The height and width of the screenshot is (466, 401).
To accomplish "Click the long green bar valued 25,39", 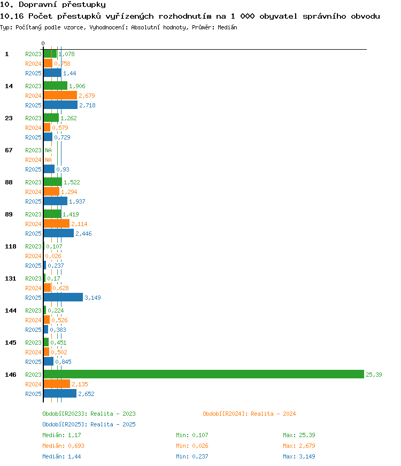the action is pyautogui.click(x=204, y=374).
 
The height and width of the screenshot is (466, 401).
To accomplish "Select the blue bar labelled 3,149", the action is pyautogui.click(x=63, y=297).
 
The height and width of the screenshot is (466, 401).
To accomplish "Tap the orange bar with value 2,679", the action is pyautogui.click(x=60, y=95).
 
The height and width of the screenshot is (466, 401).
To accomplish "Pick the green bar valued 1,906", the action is pyautogui.click(x=56, y=86).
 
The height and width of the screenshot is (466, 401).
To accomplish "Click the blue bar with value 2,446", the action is pyautogui.click(x=59, y=233).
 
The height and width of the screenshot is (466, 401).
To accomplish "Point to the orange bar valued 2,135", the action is pyautogui.click(x=57, y=384).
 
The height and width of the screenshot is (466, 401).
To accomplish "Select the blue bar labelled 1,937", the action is pyautogui.click(x=56, y=201).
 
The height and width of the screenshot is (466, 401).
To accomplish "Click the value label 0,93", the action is pyautogui.click(x=63, y=169).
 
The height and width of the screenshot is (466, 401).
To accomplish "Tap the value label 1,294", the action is pyautogui.click(x=69, y=192).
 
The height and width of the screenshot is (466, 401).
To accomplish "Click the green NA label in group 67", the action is pyautogui.click(x=48, y=150).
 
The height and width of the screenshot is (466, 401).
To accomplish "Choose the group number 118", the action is pyautogui.click(x=11, y=246).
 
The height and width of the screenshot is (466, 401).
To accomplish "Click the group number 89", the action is pyautogui.click(x=9, y=214).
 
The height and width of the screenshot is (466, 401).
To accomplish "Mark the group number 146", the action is pyautogui.click(x=11, y=375).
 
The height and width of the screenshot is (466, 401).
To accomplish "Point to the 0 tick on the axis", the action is pyautogui.click(x=43, y=43).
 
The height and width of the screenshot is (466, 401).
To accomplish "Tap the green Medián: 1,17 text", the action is pyautogui.click(x=61, y=435).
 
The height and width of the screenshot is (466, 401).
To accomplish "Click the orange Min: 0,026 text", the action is pyautogui.click(x=192, y=446).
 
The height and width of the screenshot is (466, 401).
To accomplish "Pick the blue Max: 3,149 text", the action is pyautogui.click(x=299, y=456).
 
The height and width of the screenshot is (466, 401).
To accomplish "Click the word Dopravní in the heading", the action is pyautogui.click(x=38, y=5).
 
